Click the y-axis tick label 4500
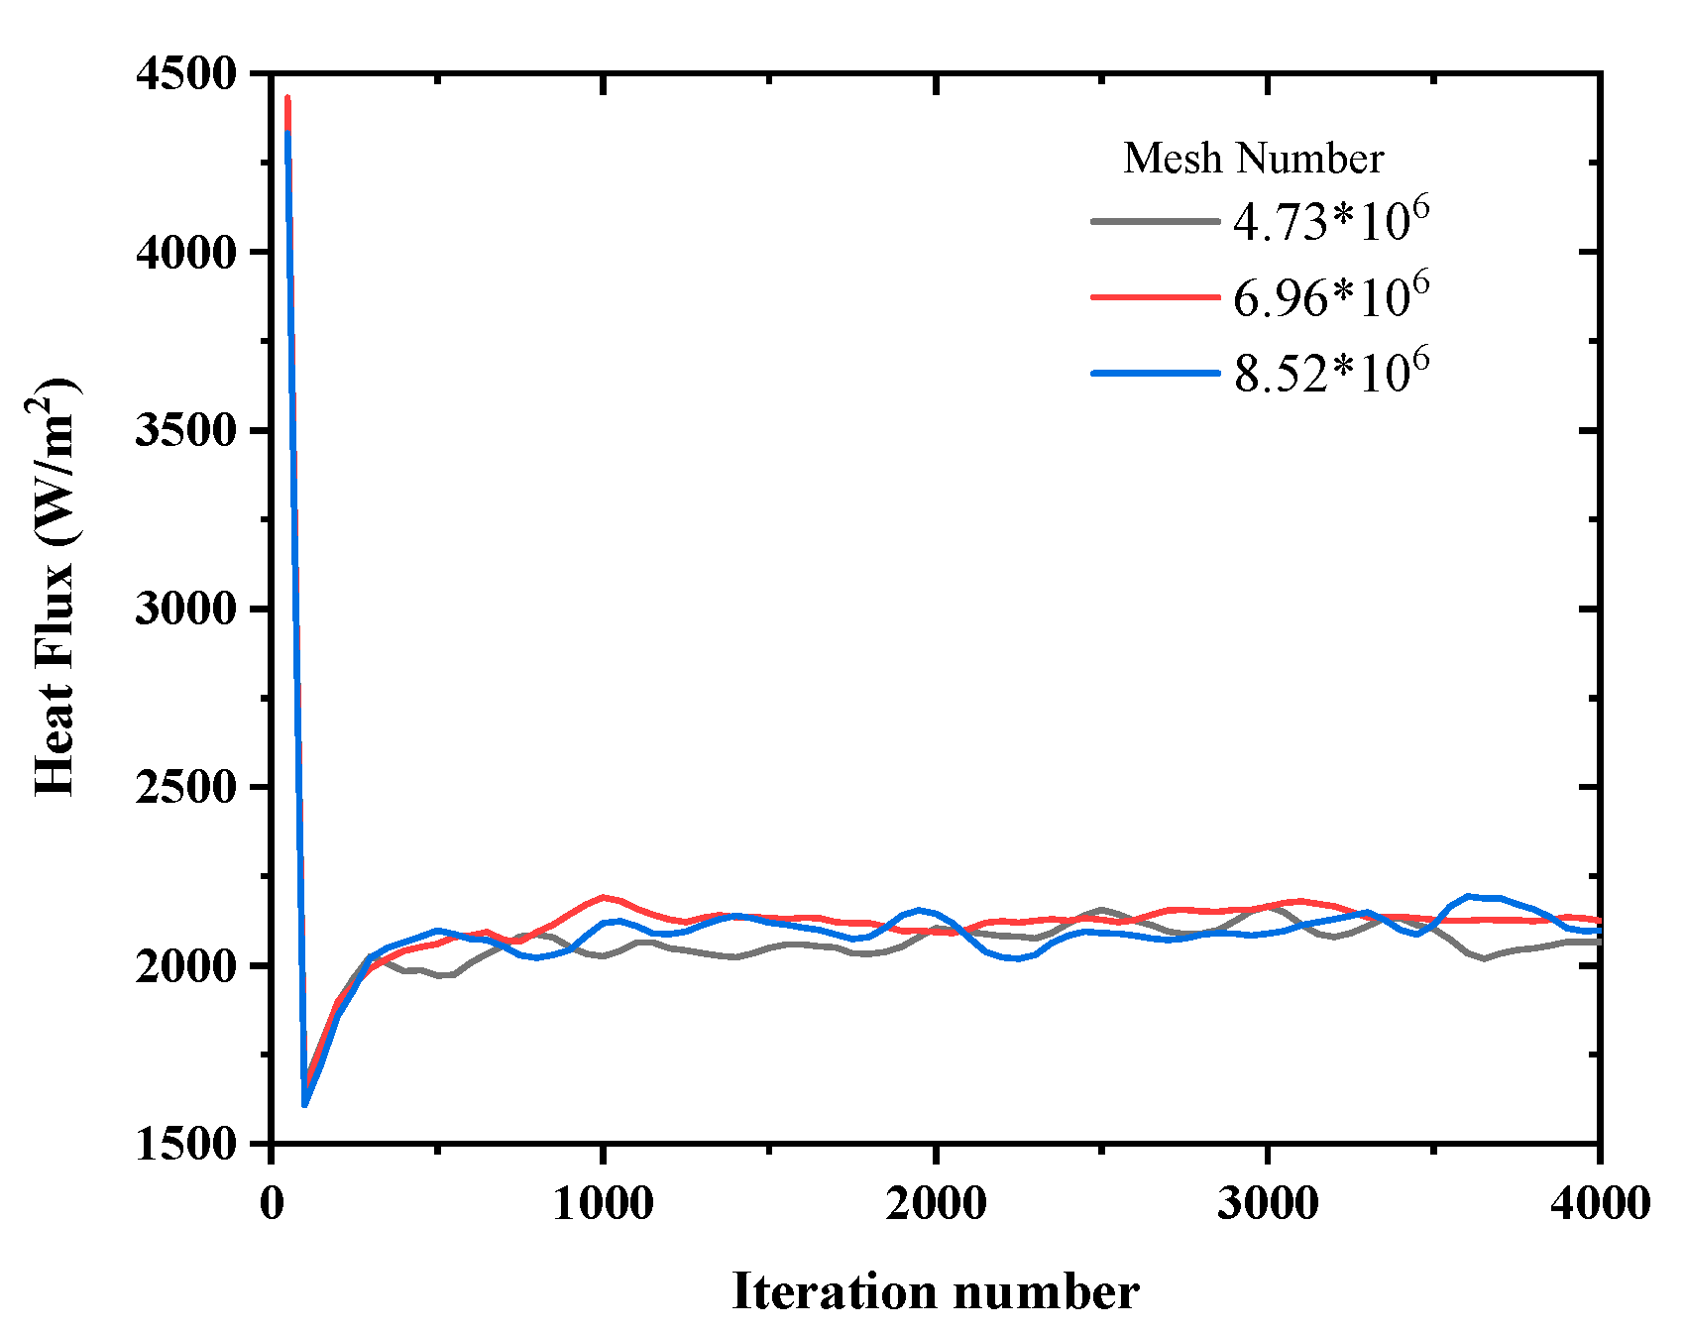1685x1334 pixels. [x=187, y=74]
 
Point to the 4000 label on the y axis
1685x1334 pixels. [x=187, y=253]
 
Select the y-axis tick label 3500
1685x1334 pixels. [x=187, y=431]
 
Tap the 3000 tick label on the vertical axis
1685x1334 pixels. [x=187, y=610]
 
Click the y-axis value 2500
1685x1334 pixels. [x=187, y=788]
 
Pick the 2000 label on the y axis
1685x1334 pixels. [x=187, y=966]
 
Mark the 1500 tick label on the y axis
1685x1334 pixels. [x=187, y=1145]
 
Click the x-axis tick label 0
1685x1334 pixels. [x=272, y=1203]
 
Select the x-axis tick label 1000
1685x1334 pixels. [x=603, y=1203]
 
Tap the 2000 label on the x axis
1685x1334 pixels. [x=936, y=1203]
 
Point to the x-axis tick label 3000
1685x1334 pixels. [x=1268, y=1203]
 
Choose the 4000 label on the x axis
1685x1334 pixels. [x=1599, y=1203]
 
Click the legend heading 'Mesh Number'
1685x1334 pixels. [x=1253, y=159]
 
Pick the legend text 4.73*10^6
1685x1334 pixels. [x=1331, y=220]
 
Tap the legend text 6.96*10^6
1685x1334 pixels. [x=1331, y=295]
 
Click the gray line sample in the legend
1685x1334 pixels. [x=1155, y=221]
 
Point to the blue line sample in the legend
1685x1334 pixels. [x=1155, y=374]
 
